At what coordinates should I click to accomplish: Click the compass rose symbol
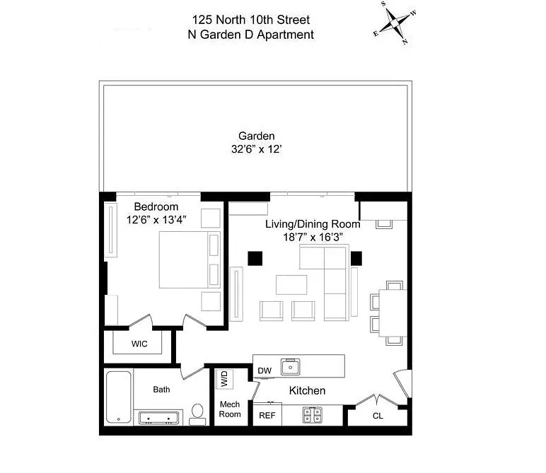pyautogui.click(x=395, y=23)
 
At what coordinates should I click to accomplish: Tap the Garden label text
pyautogui.click(x=256, y=136)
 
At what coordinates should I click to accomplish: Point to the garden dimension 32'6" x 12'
pyautogui.click(x=256, y=149)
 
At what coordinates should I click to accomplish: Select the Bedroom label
pyautogui.click(x=156, y=206)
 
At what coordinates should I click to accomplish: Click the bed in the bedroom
pyautogui.click(x=190, y=259)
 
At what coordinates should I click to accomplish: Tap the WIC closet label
pyautogui.click(x=139, y=344)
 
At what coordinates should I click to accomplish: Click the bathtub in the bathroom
pyautogui.click(x=119, y=397)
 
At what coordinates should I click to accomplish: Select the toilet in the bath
pyautogui.click(x=197, y=414)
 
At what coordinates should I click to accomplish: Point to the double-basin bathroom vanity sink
pyautogui.click(x=158, y=417)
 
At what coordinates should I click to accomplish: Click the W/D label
pyautogui.click(x=224, y=379)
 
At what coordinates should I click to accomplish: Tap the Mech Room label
pyautogui.click(x=230, y=409)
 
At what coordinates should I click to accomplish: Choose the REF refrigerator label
pyautogui.click(x=267, y=415)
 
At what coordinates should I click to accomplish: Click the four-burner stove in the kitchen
pyautogui.click(x=312, y=415)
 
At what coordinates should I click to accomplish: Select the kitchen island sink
pyautogui.click(x=291, y=367)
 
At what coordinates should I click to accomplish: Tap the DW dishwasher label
pyautogui.click(x=265, y=370)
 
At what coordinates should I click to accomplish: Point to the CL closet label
pyautogui.click(x=378, y=416)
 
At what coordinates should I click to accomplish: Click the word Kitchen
pyautogui.click(x=307, y=390)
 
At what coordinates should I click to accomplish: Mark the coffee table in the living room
pyautogui.click(x=291, y=285)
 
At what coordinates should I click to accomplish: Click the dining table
pyautogui.click(x=393, y=313)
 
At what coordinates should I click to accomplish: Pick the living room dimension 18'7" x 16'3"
pyautogui.click(x=313, y=238)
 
